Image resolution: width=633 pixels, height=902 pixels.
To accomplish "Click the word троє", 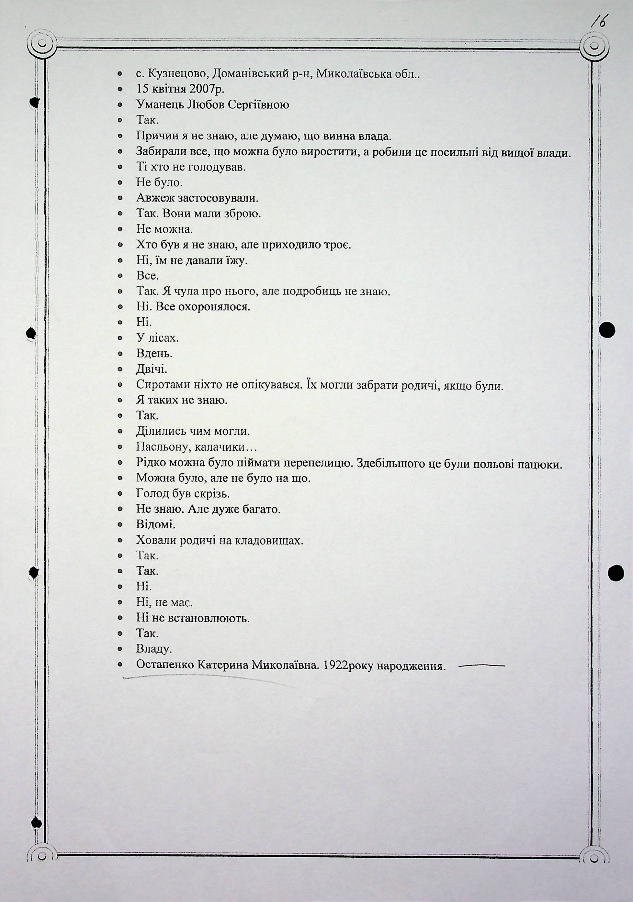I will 336,245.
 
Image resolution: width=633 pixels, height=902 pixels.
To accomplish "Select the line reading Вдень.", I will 154,353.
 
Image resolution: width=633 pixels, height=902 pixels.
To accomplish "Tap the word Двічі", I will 152,369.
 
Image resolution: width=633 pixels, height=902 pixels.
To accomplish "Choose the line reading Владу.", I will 154,649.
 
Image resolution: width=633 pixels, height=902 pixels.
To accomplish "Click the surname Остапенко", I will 165,665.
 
